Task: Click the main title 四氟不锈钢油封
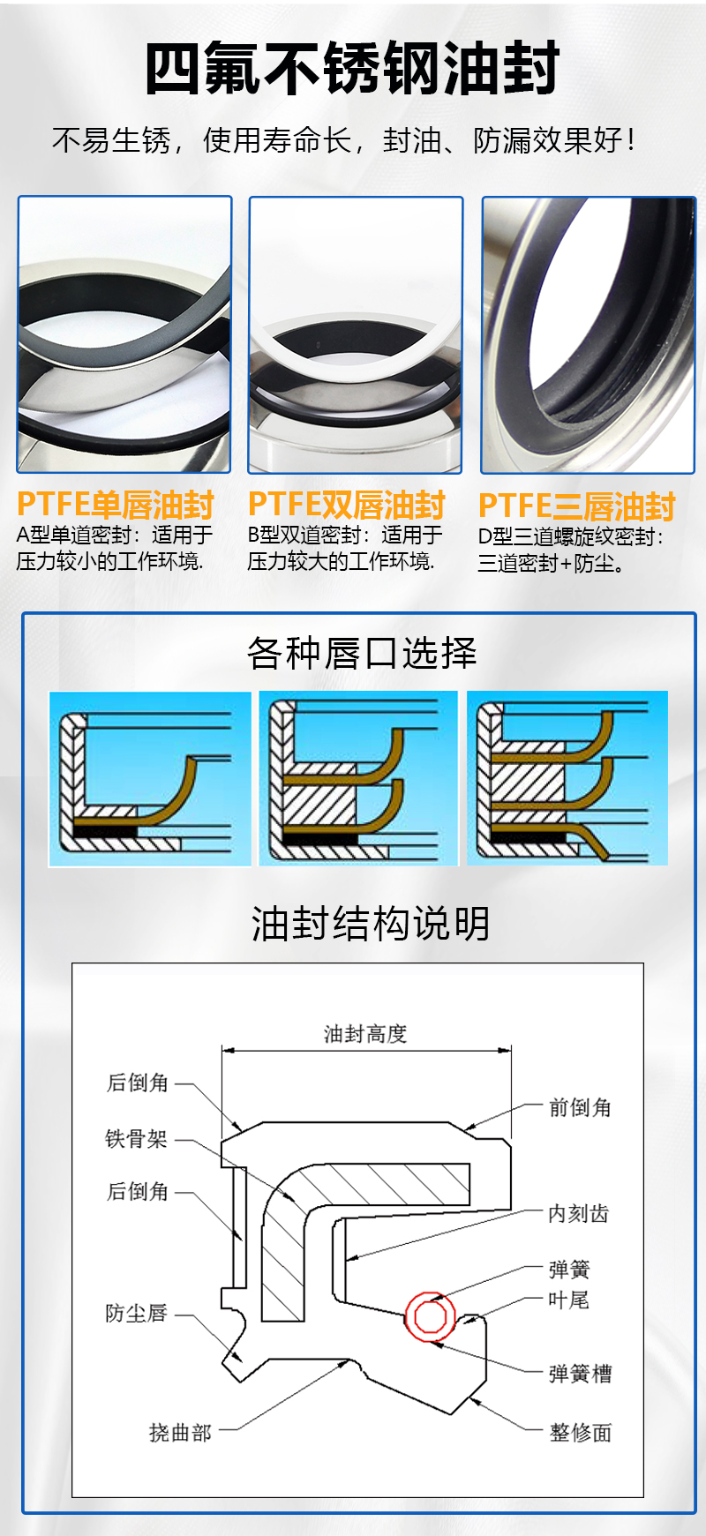tap(352, 69)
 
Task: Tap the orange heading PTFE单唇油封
tap(116, 505)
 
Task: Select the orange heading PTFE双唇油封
tap(347, 505)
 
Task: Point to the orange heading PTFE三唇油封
tap(577, 506)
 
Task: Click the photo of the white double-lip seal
tap(356, 335)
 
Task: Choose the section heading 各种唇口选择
tap(362, 653)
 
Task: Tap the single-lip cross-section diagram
tap(149, 779)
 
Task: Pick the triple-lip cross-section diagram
tap(567, 778)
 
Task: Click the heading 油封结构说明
tap(370, 924)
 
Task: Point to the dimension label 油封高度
tap(365, 1034)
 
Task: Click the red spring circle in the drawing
tap(430, 1317)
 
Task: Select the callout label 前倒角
tap(580, 1107)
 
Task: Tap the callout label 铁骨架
tap(136, 1139)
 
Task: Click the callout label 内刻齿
tap(578, 1214)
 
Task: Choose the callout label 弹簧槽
tap(580, 1374)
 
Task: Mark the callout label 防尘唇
tap(136, 1314)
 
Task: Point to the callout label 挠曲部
tap(180, 1433)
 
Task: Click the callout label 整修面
tap(580, 1433)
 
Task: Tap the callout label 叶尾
tap(568, 1300)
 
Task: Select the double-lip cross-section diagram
tap(358, 778)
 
